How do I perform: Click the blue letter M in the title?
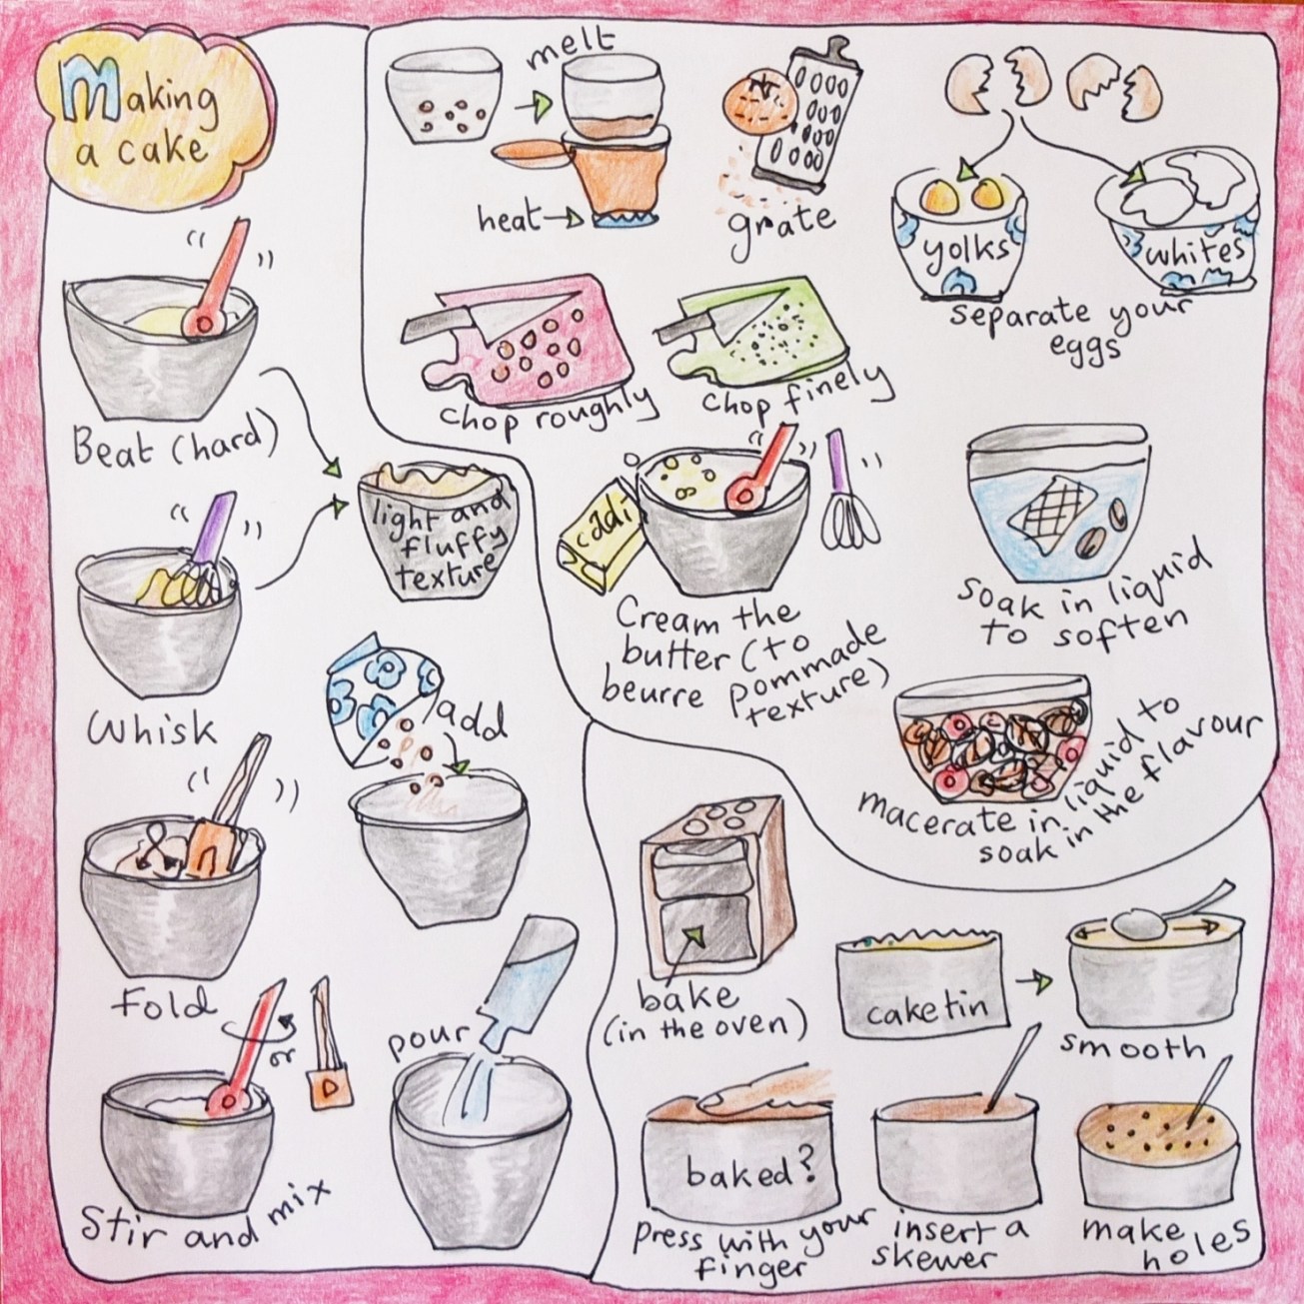point(79,98)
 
